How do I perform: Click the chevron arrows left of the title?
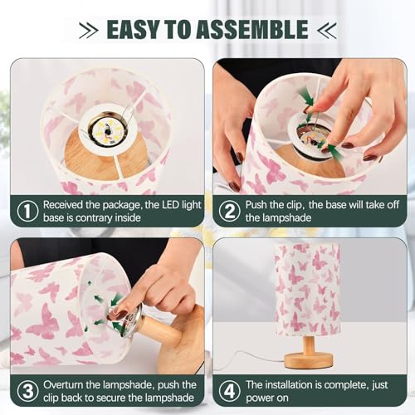tap(90, 31)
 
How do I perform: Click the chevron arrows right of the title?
tap(326, 31)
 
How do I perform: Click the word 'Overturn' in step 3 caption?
tap(66, 385)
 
